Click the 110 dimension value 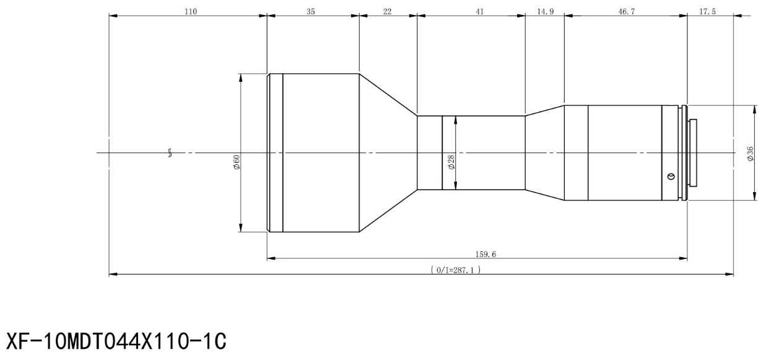pos(191,12)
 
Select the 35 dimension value pos(310,12)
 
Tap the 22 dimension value pos(387,12)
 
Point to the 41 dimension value pos(480,12)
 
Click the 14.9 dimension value pos(545,12)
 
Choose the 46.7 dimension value pos(627,12)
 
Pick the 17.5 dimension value pos(707,12)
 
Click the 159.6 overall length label pos(485,254)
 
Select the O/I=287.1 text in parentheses pos(456,270)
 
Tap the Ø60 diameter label pos(237,162)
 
